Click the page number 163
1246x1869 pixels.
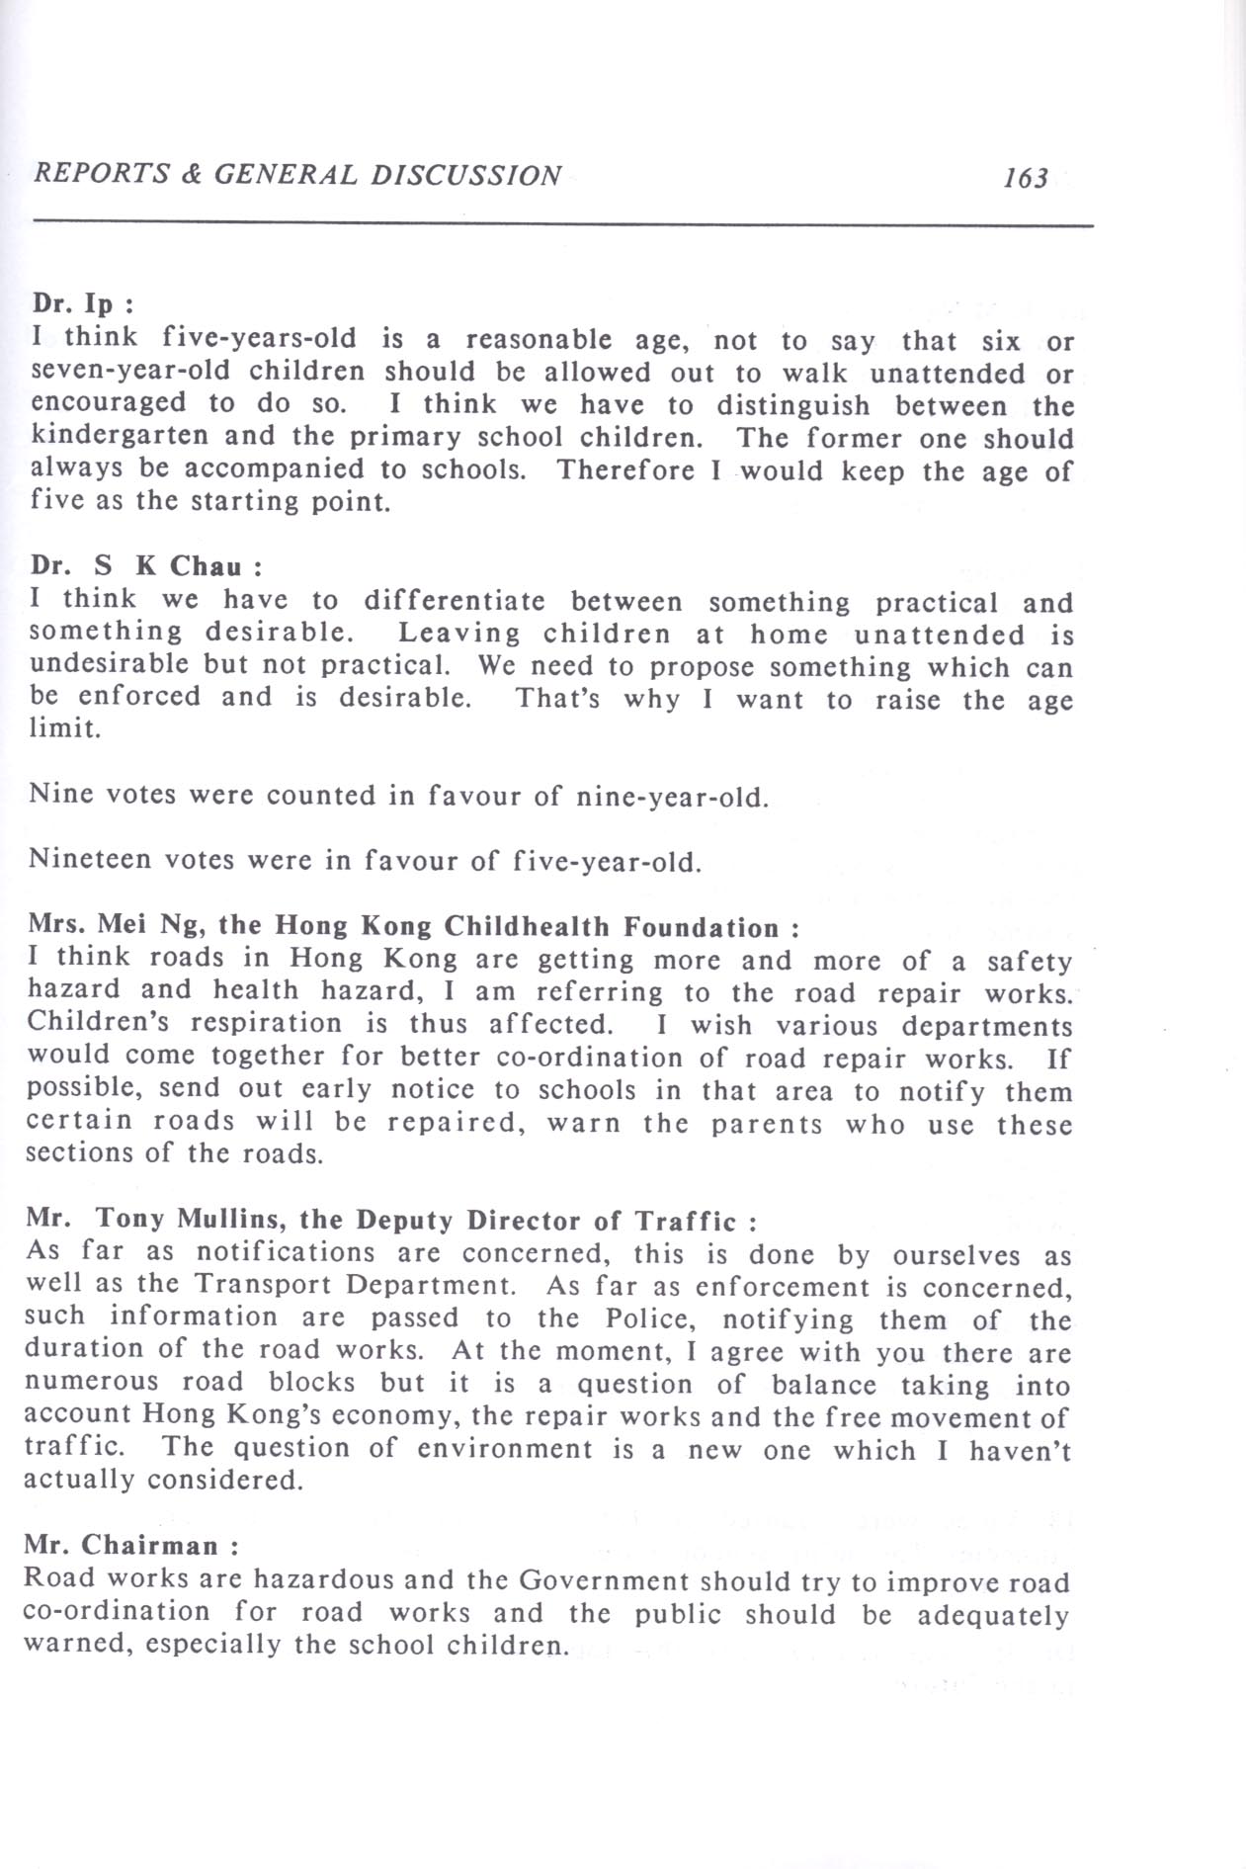click(x=1025, y=178)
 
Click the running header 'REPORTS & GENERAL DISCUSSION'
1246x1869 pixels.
click(x=297, y=175)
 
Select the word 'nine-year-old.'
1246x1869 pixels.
click(x=671, y=797)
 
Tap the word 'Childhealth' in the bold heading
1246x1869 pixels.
click(x=527, y=927)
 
